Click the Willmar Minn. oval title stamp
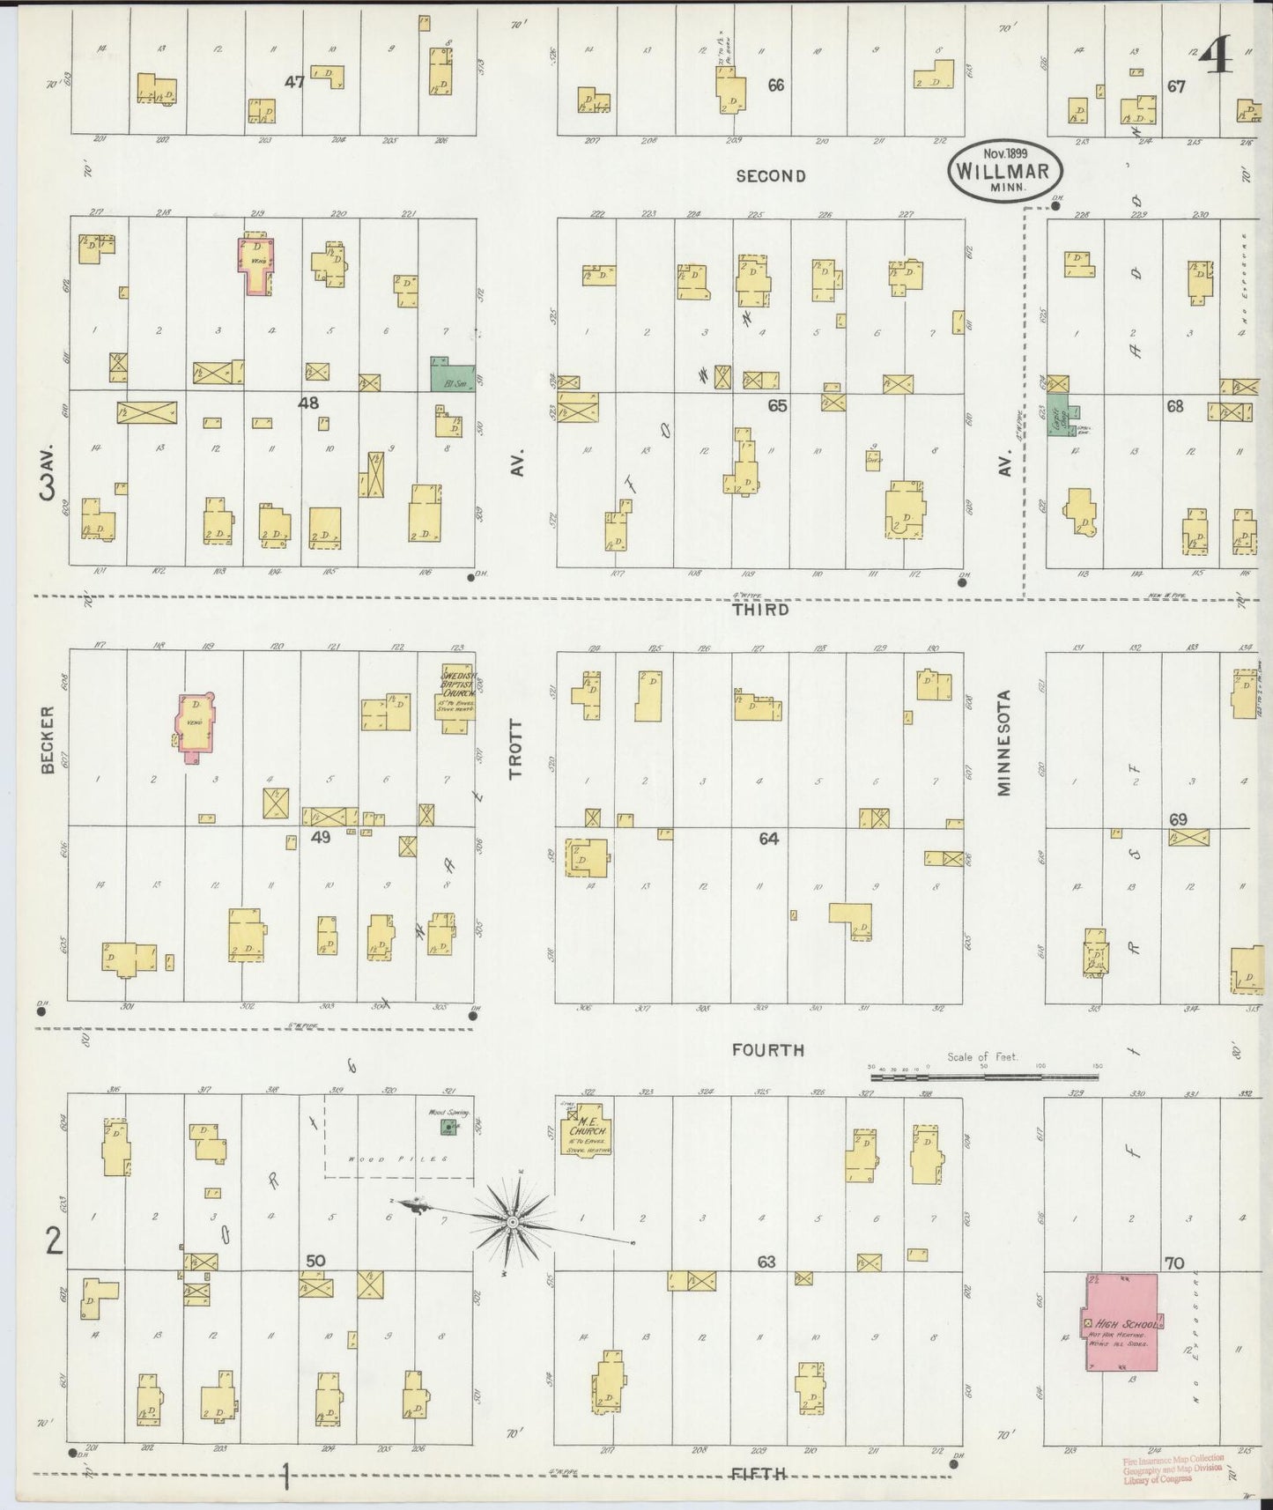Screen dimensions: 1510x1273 coord(1005,168)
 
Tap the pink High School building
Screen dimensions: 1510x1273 coord(1121,1321)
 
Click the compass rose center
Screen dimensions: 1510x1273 coord(512,1223)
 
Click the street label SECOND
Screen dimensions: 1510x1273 coord(770,176)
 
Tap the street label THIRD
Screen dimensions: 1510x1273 coord(762,610)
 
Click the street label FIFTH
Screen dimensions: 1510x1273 coord(759,1473)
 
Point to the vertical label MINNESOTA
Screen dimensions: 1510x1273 coord(1003,744)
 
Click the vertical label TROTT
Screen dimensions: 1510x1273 coord(515,749)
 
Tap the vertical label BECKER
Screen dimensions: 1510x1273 coord(48,739)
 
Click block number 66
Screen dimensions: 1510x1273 coord(775,85)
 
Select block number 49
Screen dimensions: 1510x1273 coord(321,837)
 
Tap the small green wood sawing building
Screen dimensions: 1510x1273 coord(449,1151)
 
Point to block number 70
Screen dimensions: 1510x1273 coord(1173,1263)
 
